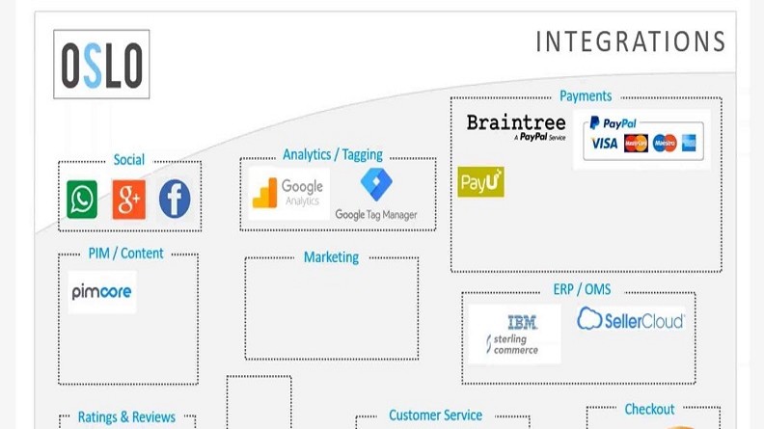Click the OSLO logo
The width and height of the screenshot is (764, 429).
pos(101,65)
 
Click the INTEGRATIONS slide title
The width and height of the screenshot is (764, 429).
pos(630,41)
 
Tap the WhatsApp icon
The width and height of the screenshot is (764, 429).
pos(82,200)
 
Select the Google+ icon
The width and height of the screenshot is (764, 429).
pos(128,200)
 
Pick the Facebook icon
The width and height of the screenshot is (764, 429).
pos(175,200)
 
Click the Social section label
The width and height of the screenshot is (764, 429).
pos(129,160)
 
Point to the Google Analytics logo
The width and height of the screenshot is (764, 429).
pos(288,193)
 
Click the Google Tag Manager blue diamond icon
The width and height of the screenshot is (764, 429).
pos(376,183)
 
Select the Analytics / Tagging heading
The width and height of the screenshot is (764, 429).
pos(333,154)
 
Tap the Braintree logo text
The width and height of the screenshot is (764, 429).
pos(515,123)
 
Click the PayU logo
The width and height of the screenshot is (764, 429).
pos(480,181)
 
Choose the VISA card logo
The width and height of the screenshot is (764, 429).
pos(604,144)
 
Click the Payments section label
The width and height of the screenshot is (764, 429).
pos(586,96)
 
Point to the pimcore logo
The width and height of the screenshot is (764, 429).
pos(102,291)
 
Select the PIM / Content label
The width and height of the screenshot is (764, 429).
pos(126,254)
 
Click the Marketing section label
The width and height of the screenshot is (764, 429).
pos(331,257)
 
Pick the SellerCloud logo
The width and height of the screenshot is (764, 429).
pos(631,319)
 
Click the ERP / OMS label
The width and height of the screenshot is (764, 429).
pos(582,289)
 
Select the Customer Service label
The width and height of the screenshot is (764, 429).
pos(435,416)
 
